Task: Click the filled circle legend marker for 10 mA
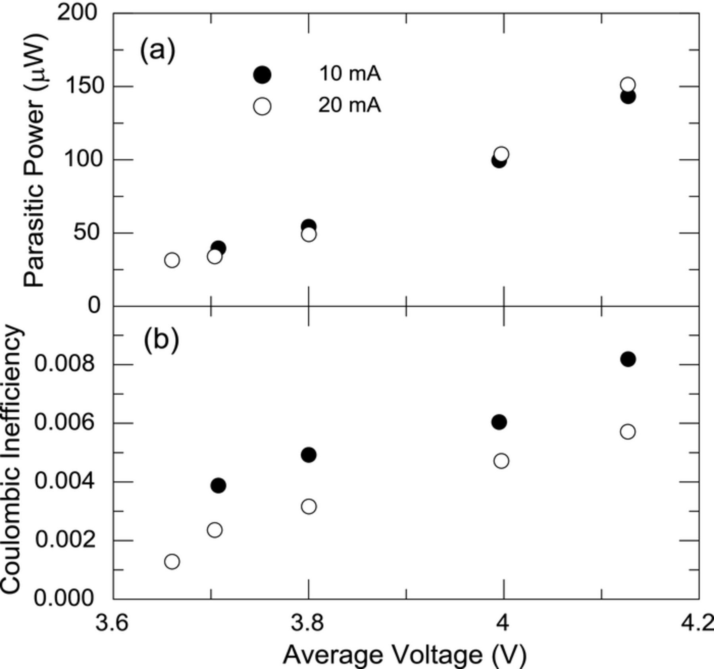pyautogui.click(x=262, y=75)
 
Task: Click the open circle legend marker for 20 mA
pyautogui.click(x=262, y=107)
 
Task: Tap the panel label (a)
pyautogui.click(x=157, y=50)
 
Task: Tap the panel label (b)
pyautogui.click(x=161, y=340)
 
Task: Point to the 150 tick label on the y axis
pyautogui.click(x=81, y=86)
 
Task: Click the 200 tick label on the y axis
pyautogui.click(x=77, y=13)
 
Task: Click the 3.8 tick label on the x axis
pyautogui.click(x=308, y=623)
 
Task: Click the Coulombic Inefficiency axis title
pyautogui.click(x=11, y=460)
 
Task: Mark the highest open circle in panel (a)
pyautogui.click(x=628, y=84)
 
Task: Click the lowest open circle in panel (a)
pyautogui.click(x=172, y=260)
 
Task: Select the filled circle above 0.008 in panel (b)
pyautogui.click(x=628, y=359)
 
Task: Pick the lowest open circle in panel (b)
pyautogui.click(x=172, y=562)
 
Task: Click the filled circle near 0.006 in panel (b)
pyautogui.click(x=499, y=422)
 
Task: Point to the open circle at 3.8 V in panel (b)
pyautogui.click(x=309, y=506)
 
